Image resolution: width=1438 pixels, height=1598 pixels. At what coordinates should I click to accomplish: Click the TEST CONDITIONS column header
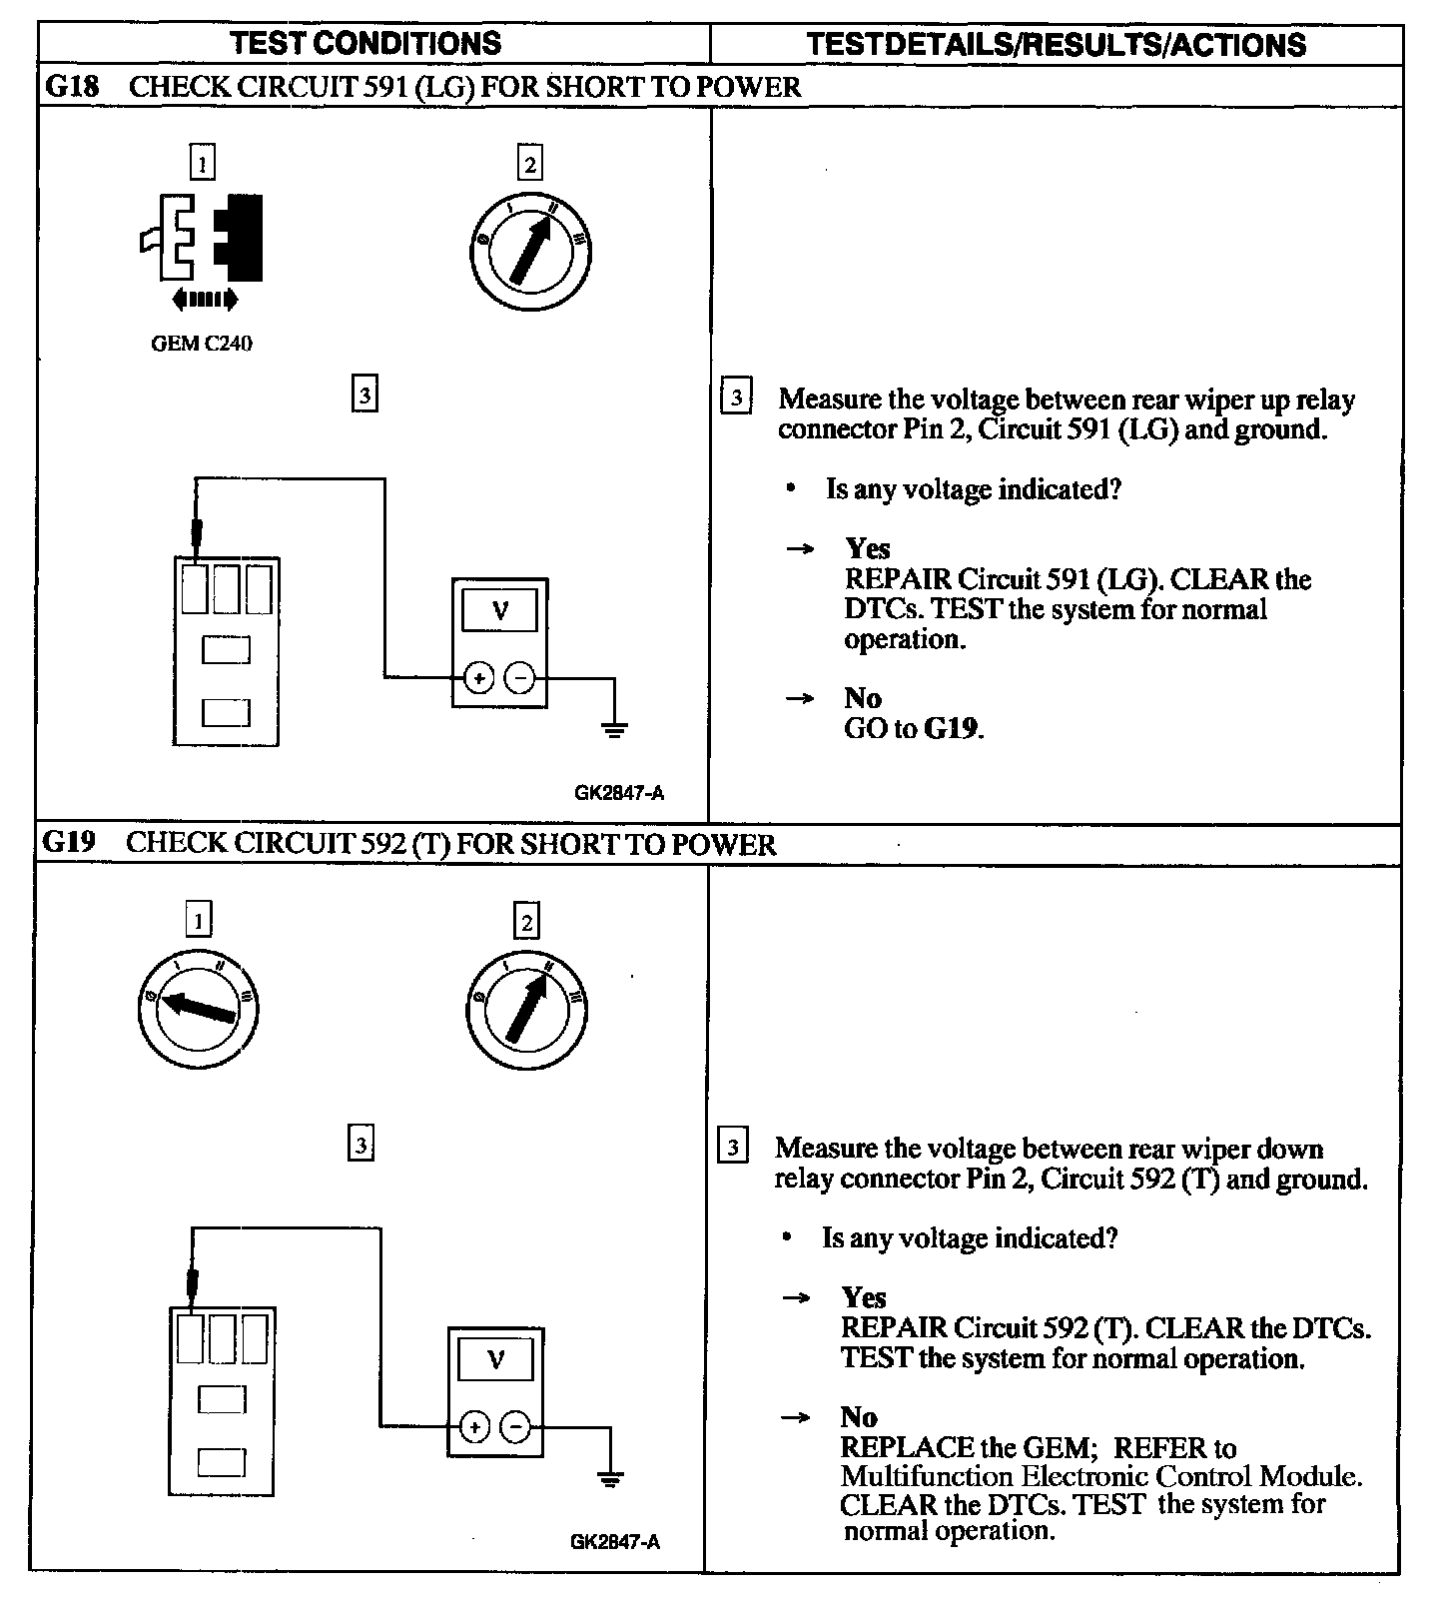(365, 43)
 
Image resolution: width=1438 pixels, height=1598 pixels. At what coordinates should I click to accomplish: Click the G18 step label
(73, 87)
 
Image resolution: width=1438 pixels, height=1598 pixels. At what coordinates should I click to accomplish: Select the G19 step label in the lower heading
(69, 843)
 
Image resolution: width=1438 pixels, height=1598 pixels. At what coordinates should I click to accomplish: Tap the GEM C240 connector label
(201, 344)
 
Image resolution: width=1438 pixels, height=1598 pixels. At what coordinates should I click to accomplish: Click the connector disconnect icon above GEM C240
(203, 240)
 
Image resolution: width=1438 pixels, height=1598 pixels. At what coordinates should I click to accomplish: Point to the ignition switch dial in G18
(530, 250)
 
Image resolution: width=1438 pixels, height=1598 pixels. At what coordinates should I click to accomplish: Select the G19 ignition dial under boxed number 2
(527, 1006)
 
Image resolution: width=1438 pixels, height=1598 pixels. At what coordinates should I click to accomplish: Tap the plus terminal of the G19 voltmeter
(474, 1427)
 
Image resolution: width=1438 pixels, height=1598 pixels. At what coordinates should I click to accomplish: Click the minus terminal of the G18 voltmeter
(519, 679)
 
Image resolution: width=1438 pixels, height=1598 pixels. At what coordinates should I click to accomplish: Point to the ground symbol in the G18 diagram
(615, 727)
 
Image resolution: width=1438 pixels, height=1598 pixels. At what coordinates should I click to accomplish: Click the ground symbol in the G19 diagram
(610, 1476)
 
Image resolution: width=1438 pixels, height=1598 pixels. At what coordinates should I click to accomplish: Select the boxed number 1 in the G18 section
(203, 163)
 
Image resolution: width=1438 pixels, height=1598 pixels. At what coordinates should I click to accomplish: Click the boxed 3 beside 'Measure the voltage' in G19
(733, 1147)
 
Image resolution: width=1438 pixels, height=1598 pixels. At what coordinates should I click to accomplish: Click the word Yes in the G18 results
(867, 548)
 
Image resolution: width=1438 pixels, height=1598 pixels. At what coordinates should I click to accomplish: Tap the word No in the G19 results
(859, 1417)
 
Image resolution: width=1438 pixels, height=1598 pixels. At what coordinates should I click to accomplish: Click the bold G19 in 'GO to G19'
(950, 728)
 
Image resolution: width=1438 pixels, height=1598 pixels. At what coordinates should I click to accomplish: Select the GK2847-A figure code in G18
(619, 793)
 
